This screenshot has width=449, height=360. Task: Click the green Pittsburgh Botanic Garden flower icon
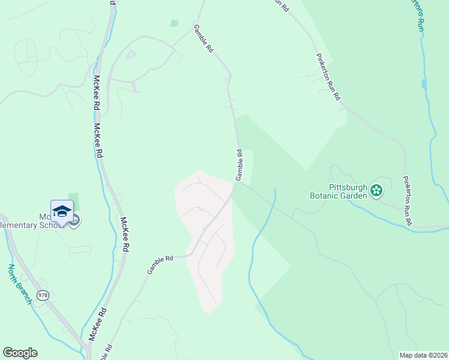click(x=376, y=191)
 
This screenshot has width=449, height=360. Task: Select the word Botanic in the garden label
click(x=325, y=196)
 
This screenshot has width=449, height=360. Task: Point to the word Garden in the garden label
click(x=354, y=196)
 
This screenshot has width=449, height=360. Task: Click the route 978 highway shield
click(x=43, y=295)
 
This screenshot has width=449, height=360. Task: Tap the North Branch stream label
click(x=20, y=284)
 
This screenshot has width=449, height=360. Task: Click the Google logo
click(x=20, y=353)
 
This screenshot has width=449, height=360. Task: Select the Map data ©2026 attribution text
click(x=424, y=355)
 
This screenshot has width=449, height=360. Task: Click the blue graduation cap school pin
click(x=62, y=211)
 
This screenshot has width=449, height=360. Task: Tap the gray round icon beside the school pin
click(x=75, y=222)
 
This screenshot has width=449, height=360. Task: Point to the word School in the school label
click(x=50, y=225)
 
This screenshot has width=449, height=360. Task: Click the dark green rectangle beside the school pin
click(x=73, y=206)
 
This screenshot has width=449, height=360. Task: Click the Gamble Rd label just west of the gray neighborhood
click(x=160, y=264)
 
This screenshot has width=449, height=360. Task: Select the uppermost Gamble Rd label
click(x=203, y=40)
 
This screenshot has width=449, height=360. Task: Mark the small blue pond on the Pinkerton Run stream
click(x=424, y=84)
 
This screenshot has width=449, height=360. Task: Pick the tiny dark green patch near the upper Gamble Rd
click(x=174, y=23)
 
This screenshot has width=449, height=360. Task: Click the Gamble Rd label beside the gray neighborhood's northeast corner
click(x=239, y=165)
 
